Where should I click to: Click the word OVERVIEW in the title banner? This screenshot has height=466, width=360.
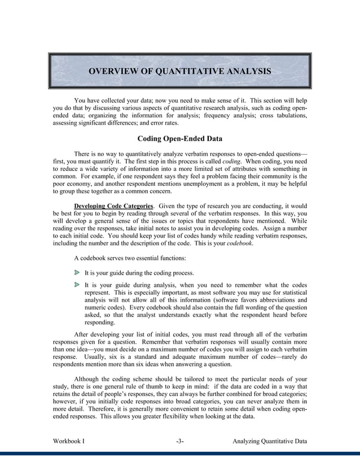pos(112,71)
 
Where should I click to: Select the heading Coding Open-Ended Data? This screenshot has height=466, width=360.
pos(179,139)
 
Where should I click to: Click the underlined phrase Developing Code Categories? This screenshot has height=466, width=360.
pos(113,206)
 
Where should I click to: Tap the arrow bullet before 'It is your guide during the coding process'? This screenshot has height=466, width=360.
pos(77,272)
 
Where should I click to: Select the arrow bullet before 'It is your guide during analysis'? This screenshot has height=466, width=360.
pos(77,285)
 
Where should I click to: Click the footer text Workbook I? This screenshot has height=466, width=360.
pos(69,441)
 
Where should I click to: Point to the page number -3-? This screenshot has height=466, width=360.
pos(179,441)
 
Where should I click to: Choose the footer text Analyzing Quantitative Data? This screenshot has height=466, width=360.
pos(270,441)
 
